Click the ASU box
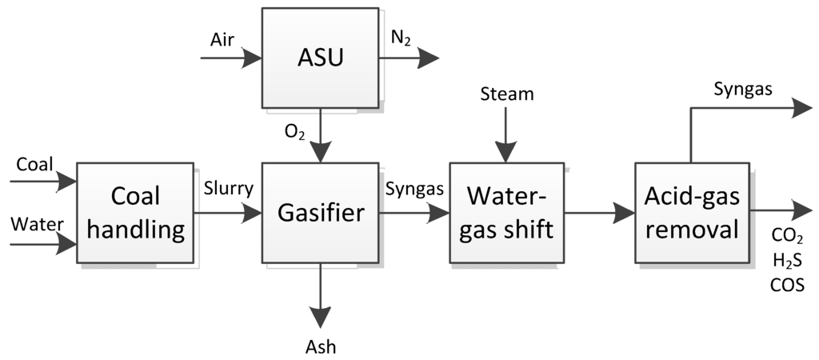point(320,57)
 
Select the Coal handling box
point(135,212)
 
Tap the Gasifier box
point(320,212)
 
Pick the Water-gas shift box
point(506,212)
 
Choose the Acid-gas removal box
point(693,212)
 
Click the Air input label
point(222,40)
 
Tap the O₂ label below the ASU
point(295,130)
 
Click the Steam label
point(506,94)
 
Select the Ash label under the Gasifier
point(321,346)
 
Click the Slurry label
point(228,190)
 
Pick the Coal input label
point(34,165)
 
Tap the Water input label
point(36,225)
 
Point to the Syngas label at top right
point(742,89)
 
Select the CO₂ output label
point(787,236)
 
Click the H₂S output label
point(787,260)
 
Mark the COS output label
point(787,285)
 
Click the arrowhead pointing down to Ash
point(320,317)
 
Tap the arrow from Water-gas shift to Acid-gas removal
point(600,213)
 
